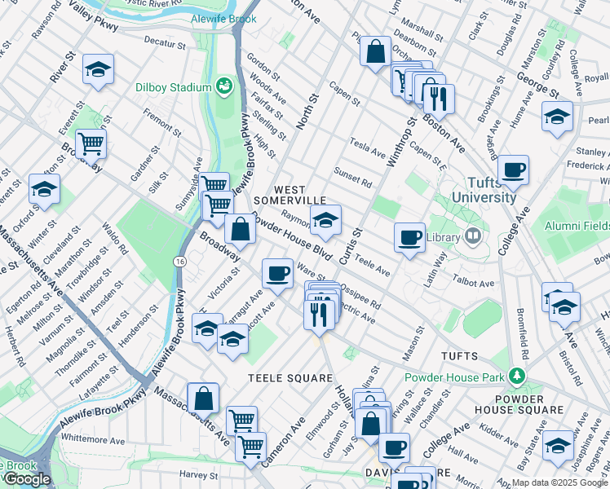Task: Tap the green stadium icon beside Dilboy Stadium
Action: pos(223,86)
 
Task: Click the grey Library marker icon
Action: pos(472,236)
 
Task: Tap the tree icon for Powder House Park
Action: pos(515,376)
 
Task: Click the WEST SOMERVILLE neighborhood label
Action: pos(289,195)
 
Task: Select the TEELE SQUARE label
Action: pos(290,378)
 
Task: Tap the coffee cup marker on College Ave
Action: pos(513,170)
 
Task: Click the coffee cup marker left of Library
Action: pos(409,238)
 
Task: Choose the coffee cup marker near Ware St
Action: pos(277,273)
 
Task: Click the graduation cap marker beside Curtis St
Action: pos(325,220)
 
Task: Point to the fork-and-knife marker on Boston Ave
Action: pos(440,98)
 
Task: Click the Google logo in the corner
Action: pos(26,480)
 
